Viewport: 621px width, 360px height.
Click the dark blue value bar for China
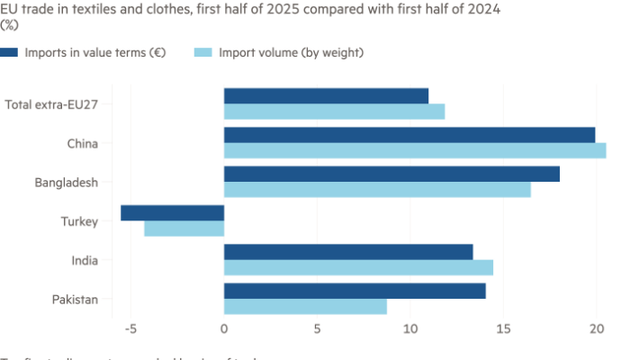pos(409,135)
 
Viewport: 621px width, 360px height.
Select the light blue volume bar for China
pos(415,151)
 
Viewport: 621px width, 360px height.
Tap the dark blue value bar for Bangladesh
pos(391,174)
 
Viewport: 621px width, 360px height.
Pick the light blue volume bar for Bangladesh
pos(377,190)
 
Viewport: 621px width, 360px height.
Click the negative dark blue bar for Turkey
pos(172,213)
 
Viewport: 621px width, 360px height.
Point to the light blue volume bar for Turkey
pos(184,229)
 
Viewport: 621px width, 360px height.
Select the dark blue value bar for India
pos(348,251)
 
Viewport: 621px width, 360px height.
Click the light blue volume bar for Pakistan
pos(305,307)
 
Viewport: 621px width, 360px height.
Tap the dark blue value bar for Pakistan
pos(355,291)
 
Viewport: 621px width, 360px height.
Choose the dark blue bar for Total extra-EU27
pos(327,95)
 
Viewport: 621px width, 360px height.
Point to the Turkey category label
pos(79,221)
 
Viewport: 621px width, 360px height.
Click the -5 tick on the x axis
pos(130,329)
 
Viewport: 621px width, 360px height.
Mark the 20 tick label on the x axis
pos(596,329)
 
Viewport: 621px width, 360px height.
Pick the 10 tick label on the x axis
pos(409,329)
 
